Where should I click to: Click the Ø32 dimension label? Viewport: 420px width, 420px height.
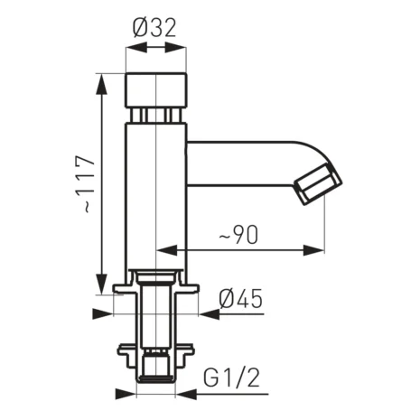(x=155, y=29)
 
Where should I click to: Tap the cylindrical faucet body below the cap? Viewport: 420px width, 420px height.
(x=156, y=194)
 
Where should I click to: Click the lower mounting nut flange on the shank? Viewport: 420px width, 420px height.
(x=156, y=349)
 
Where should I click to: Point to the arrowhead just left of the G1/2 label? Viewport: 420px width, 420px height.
(x=184, y=394)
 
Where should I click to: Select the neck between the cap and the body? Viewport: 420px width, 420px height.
(x=156, y=116)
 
